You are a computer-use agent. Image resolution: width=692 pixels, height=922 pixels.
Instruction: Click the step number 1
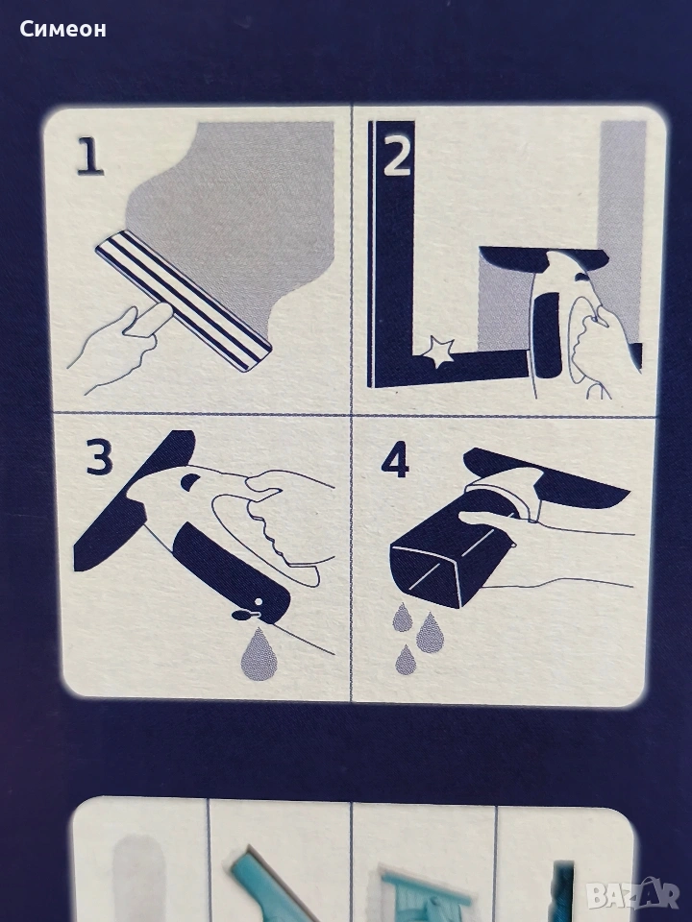tap(90, 158)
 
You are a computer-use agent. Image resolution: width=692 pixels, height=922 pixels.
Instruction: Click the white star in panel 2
tap(438, 352)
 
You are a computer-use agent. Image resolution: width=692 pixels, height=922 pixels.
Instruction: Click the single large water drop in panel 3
tap(256, 653)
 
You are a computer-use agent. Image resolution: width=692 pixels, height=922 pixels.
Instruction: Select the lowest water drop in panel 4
tap(406, 659)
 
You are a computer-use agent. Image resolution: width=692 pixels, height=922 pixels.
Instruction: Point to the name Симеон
tap(63, 29)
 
